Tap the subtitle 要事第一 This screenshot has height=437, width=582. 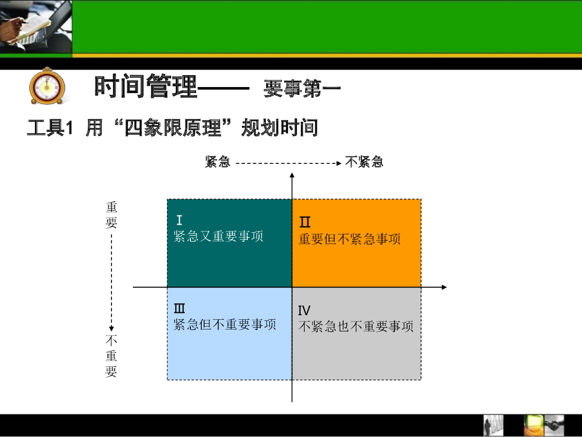coord(302,89)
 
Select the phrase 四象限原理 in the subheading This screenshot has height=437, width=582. coord(173,127)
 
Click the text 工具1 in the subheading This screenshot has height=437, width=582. coord(50,128)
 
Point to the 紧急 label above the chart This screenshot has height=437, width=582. coord(218,162)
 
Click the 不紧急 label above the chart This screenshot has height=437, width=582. coord(364,162)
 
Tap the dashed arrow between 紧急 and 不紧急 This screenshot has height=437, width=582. coord(288,163)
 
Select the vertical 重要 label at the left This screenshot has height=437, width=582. coord(111,215)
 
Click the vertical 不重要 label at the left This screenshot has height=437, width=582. coord(111,356)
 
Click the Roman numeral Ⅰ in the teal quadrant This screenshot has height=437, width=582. coord(179,221)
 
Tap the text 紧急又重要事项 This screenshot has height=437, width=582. coord(218,236)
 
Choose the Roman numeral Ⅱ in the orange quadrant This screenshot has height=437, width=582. coord(305,222)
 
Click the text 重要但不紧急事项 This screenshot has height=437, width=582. coord(350,239)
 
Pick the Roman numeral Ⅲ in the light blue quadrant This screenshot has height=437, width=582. coord(180,309)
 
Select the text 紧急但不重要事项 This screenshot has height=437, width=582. coord(225,324)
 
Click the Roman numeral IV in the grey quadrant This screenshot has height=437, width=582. coord(304,311)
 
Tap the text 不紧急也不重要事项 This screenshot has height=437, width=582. coord(356,327)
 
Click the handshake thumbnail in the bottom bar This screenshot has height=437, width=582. coord(554,425)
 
